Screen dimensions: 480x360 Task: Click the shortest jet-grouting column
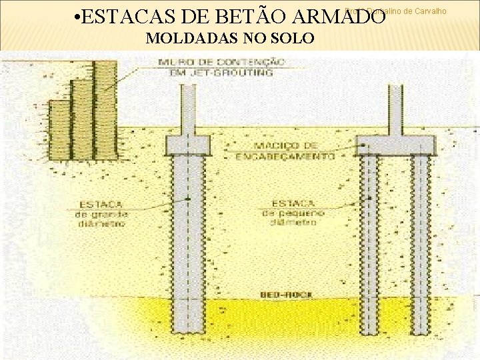coord(59,130)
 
